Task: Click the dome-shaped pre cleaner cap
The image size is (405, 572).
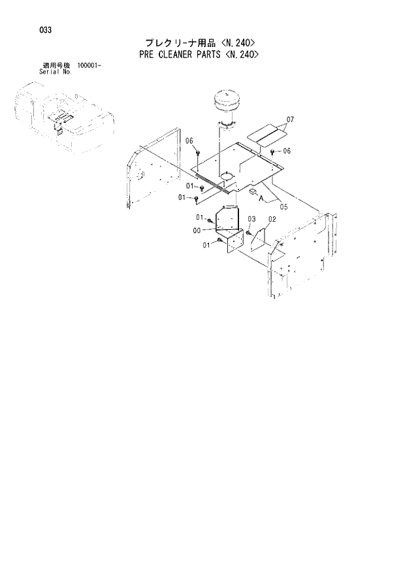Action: [x=227, y=103]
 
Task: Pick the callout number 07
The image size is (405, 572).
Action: [x=291, y=119]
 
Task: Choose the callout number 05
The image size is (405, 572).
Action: [x=283, y=207]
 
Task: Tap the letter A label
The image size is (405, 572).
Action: [x=260, y=198]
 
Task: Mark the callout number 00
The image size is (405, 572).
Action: [x=197, y=230]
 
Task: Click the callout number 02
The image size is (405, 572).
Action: [x=272, y=219]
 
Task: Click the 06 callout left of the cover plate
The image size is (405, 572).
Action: [x=189, y=142]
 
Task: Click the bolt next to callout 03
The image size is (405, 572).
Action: [x=249, y=232]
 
